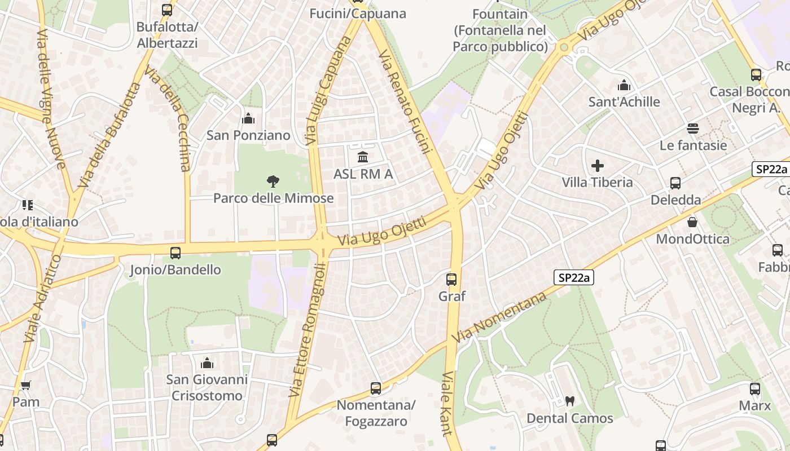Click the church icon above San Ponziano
click(248, 119)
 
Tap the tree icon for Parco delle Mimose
click(273, 182)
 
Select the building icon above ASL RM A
click(363, 157)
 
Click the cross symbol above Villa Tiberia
click(597, 166)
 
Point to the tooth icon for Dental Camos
click(569, 401)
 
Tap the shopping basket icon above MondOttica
click(692, 222)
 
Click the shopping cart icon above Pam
click(25, 386)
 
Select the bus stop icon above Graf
click(451, 279)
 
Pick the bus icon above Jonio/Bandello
click(175, 253)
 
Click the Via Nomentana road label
click(500, 317)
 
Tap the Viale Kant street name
click(447, 404)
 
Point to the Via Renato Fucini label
click(405, 101)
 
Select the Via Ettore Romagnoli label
click(307, 330)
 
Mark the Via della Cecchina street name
click(169, 118)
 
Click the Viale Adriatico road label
click(41, 299)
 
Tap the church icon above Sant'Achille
click(624, 85)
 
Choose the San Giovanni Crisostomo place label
click(207, 388)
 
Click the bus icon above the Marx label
click(755, 388)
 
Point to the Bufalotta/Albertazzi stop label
click(167, 35)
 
